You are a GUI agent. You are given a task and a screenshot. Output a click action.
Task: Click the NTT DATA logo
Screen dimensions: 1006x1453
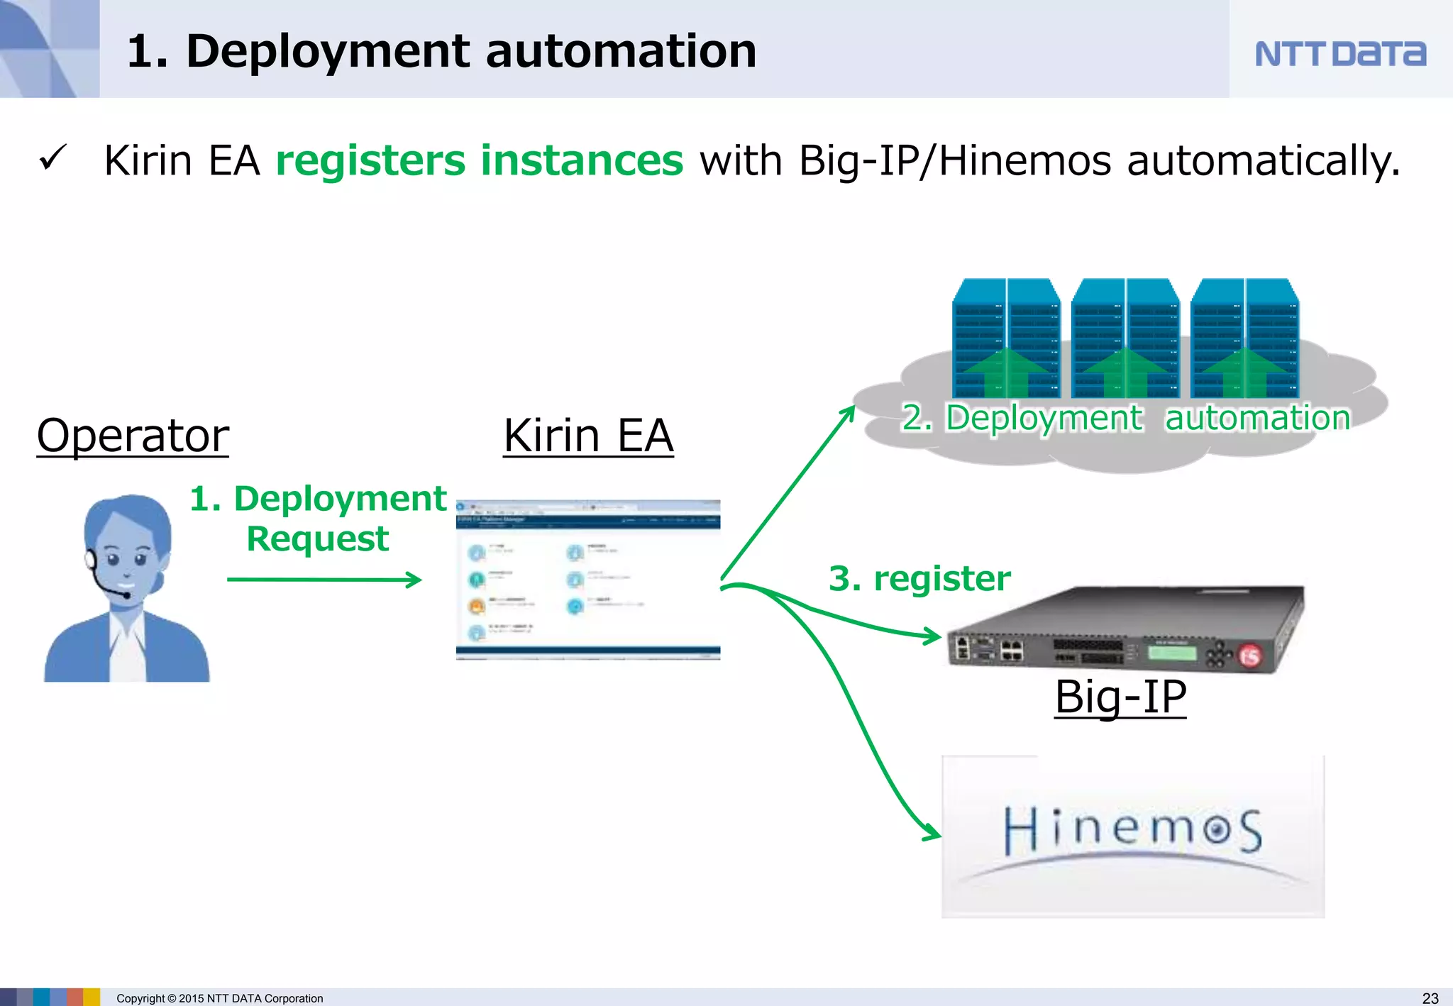1339,53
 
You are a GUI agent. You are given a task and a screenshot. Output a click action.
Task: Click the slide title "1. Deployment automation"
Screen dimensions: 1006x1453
441,52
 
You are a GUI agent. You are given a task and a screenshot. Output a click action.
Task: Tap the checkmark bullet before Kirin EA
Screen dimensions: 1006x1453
53,157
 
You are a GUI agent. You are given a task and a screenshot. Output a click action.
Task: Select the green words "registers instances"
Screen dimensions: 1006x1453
479,160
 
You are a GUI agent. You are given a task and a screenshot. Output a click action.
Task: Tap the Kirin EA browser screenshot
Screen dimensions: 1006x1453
588,580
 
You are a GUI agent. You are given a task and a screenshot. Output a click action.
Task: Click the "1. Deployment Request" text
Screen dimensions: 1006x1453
318,518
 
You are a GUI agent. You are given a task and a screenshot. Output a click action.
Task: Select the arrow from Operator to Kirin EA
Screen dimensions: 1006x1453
324,580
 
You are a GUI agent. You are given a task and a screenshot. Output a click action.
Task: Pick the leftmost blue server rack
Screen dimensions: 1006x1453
1006,338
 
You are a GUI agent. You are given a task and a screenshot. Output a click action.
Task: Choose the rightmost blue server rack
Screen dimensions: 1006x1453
1244,338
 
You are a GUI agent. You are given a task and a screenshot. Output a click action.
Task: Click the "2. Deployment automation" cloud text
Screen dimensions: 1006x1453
1125,418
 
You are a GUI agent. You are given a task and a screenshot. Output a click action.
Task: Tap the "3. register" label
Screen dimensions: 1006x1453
919,578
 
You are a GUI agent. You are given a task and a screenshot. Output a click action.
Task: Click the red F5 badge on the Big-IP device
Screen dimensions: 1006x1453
1249,656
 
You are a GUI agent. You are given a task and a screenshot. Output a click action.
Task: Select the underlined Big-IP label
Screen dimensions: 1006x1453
1120,697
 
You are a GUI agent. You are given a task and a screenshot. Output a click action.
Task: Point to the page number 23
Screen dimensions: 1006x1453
1430,997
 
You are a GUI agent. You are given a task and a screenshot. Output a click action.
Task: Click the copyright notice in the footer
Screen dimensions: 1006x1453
219,998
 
